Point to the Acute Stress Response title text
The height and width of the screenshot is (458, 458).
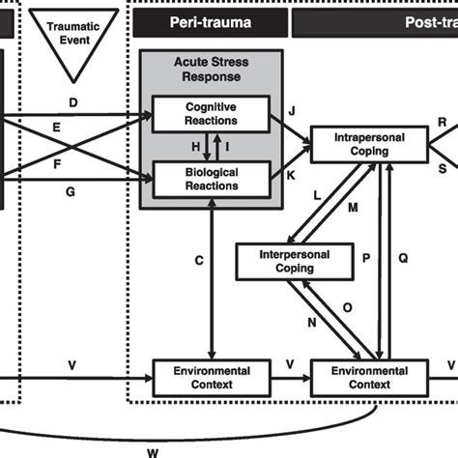[x=211, y=71]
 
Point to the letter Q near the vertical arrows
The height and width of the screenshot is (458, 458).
[x=405, y=258]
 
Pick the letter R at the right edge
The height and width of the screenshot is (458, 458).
[x=442, y=123]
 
